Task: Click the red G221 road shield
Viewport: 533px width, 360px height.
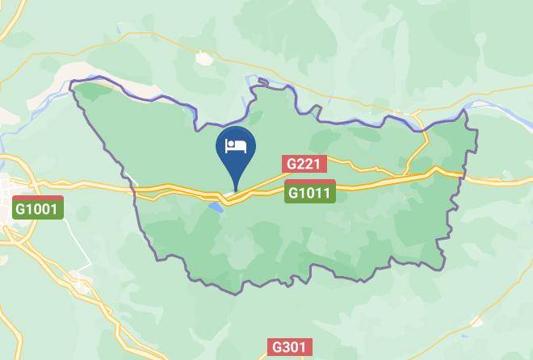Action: [x=304, y=165]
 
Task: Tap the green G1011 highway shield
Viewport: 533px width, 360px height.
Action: [x=309, y=193]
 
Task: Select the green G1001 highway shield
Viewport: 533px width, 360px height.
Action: [x=38, y=208]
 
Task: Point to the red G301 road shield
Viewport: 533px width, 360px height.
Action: [x=288, y=348]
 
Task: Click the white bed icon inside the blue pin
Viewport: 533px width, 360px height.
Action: [x=235, y=146]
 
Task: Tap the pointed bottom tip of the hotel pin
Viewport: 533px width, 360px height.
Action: [x=235, y=191]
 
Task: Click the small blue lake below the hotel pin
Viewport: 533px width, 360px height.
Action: [x=215, y=207]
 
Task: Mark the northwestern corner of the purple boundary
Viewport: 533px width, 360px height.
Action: [x=73, y=83]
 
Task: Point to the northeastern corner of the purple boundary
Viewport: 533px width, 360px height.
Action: [x=465, y=111]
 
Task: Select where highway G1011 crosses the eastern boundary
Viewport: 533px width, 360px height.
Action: [x=463, y=174]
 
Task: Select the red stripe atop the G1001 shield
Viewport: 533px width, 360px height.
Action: [x=38, y=198]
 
